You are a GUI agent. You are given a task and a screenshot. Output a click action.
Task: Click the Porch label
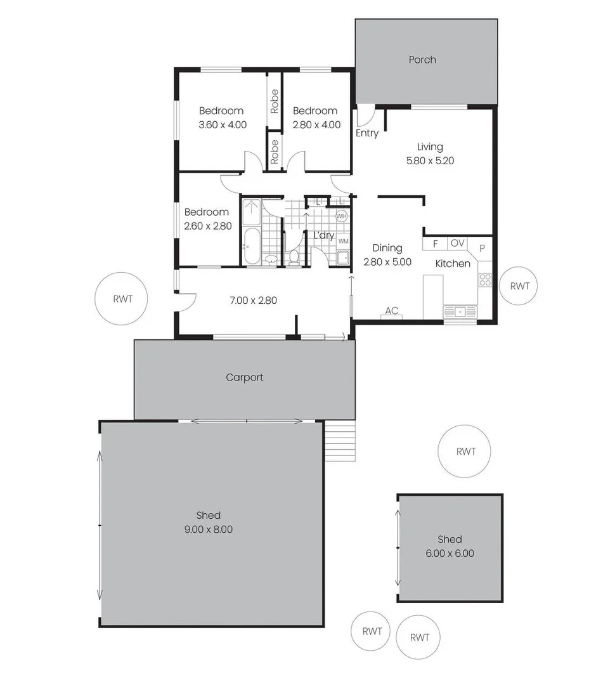click(x=422, y=60)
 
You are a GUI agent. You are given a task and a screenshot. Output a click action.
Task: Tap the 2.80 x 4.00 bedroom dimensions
click(x=316, y=125)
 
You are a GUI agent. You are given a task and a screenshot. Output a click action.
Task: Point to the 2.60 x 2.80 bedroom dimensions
click(x=207, y=226)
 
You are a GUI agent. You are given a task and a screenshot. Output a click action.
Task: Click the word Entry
click(x=367, y=133)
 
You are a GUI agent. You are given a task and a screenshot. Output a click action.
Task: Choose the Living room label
click(x=430, y=147)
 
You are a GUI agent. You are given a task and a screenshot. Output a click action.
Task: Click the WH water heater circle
click(x=342, y=216)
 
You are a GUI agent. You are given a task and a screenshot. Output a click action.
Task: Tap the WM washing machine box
click(x=343, y=241)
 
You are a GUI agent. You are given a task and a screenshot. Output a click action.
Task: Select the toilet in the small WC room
click(x=294, y=257)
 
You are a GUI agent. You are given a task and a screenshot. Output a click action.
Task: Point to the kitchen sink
click(x=460, y=311)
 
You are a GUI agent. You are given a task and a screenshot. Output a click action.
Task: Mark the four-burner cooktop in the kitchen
click(x=485, y=279)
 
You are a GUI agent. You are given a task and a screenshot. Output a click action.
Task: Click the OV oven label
click(x=457, y=244)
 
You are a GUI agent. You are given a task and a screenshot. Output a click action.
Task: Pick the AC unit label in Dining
click(x=392, y=311)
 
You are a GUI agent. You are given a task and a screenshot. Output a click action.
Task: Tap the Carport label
click(x=245, y=377)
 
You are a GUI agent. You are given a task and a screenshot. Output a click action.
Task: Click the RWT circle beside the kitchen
click(x=519, y=286)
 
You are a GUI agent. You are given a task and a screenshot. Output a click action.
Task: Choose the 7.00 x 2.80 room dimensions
click(x=254, y=300)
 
